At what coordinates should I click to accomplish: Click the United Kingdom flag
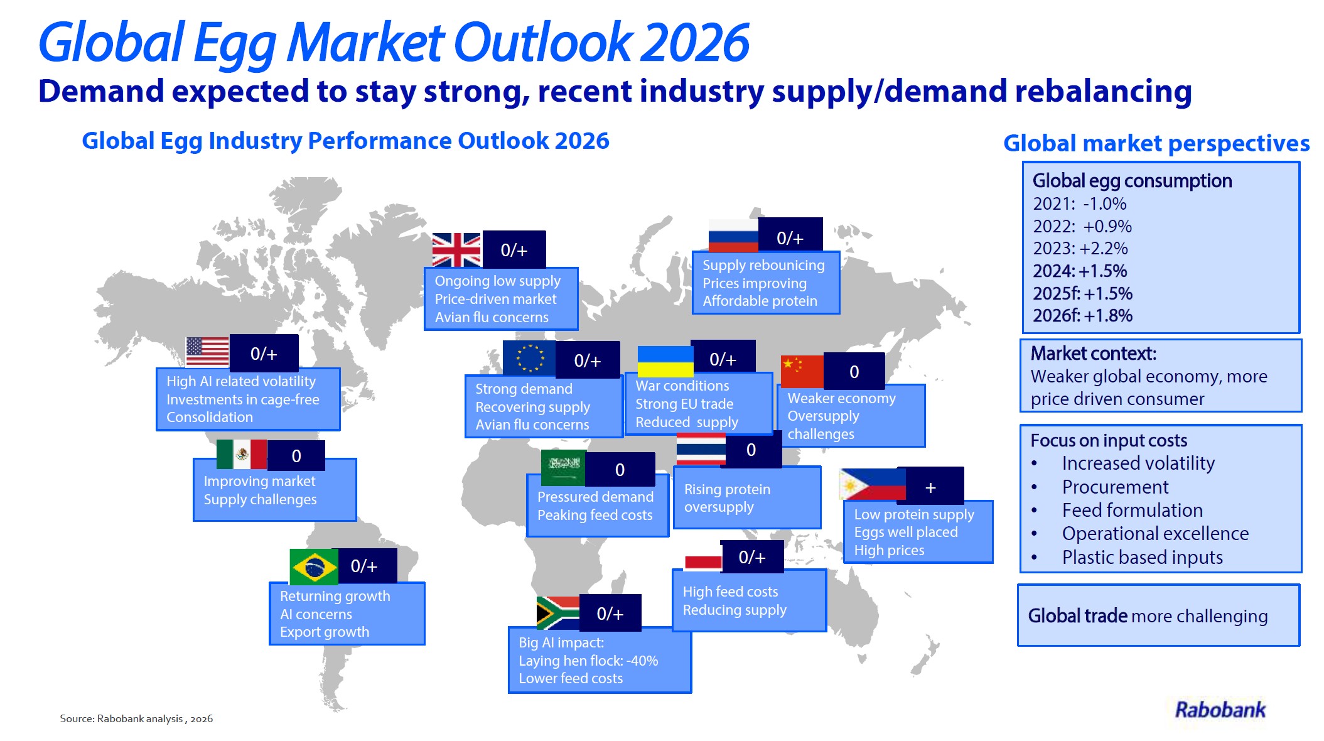456,250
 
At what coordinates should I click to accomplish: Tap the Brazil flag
314,566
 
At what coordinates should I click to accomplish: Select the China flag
802,371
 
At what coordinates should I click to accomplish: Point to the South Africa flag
557,613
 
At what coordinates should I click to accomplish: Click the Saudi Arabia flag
563,468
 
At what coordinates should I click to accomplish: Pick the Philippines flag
873,484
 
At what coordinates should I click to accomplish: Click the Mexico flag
242,454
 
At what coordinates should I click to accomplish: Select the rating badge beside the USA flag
264,354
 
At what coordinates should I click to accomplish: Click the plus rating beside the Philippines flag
930,487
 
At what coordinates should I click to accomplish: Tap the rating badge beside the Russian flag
790,238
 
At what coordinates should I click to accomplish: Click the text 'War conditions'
682,386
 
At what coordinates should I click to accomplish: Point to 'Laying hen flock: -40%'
588,661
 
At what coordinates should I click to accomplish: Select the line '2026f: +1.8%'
1082,315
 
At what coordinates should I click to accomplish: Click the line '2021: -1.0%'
1080,203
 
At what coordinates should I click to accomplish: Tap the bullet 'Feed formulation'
1133,510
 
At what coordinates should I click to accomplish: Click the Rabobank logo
1220,710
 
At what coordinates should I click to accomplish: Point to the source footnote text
136,718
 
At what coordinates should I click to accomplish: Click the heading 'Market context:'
1093,354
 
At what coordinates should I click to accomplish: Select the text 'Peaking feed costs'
595,515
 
